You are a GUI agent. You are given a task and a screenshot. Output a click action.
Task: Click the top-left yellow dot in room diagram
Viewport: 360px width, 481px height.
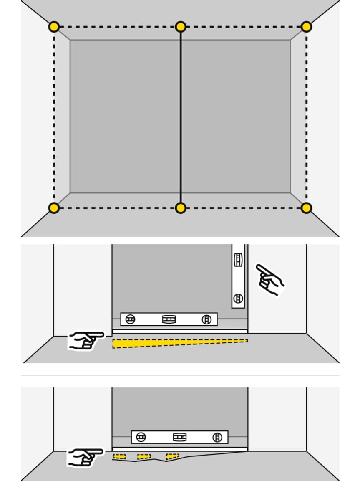(54, 27)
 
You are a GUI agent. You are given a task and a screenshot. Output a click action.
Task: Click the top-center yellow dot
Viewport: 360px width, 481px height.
(180, 27)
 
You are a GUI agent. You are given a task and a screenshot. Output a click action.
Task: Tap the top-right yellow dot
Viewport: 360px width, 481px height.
(306, 27)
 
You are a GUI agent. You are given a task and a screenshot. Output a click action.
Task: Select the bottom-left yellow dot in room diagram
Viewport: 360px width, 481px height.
(54, 208)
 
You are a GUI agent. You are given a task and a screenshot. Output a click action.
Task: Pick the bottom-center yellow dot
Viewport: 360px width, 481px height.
(180, 208)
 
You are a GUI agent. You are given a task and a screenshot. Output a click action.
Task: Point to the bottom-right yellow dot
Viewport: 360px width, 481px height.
(306, 208)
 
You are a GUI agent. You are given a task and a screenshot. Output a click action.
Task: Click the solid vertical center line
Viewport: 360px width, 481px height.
(180, 117)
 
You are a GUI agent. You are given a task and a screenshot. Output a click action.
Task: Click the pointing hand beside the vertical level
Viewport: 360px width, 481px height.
(270, 279)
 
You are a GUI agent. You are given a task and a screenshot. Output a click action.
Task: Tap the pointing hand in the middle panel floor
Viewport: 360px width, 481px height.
(86, 340)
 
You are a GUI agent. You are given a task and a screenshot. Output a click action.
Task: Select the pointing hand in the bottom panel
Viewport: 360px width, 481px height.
(85, 457)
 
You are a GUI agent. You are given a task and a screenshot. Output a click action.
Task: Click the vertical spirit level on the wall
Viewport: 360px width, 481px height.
(238, 276)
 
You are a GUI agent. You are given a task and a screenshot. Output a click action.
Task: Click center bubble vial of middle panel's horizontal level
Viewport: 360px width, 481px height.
(169, 319)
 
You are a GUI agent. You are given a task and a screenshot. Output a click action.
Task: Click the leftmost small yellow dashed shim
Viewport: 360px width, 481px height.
(119, 457)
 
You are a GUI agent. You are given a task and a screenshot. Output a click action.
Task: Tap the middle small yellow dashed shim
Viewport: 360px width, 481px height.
(144, 456)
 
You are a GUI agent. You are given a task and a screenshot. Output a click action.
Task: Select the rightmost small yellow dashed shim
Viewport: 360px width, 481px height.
(172, 456)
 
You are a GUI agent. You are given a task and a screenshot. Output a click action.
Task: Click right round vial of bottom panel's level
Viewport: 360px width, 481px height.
(217, 437)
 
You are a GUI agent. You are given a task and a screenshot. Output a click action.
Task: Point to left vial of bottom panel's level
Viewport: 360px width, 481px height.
(141, 437)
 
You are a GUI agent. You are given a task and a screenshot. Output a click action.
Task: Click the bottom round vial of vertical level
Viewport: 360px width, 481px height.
(238, 298)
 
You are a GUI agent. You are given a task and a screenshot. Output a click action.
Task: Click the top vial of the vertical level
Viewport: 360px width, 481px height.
(238, 260)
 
